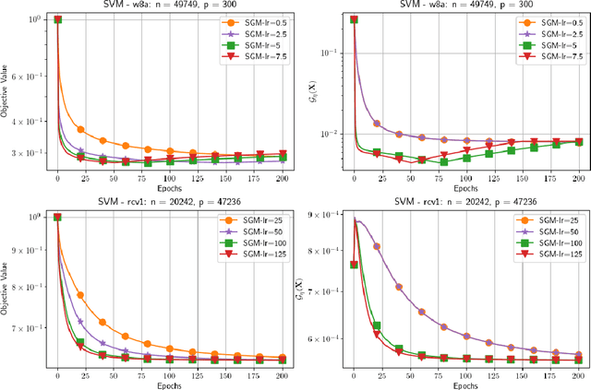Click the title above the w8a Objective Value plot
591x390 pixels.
[170, 6]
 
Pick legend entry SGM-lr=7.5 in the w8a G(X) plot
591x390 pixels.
[551, 57]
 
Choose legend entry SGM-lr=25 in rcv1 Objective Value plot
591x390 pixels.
[256, 221]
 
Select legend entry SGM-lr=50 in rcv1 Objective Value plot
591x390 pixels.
[256, 232]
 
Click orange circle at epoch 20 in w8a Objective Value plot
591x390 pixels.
[80, 130]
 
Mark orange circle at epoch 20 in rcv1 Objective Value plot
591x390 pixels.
[80, 269]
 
